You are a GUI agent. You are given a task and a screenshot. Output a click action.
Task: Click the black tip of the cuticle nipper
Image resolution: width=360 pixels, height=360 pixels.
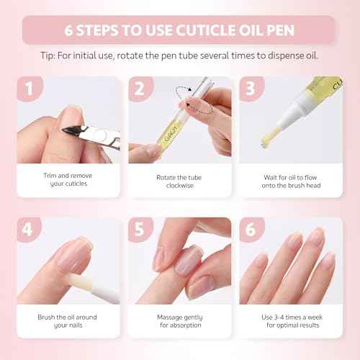coord(72,132)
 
